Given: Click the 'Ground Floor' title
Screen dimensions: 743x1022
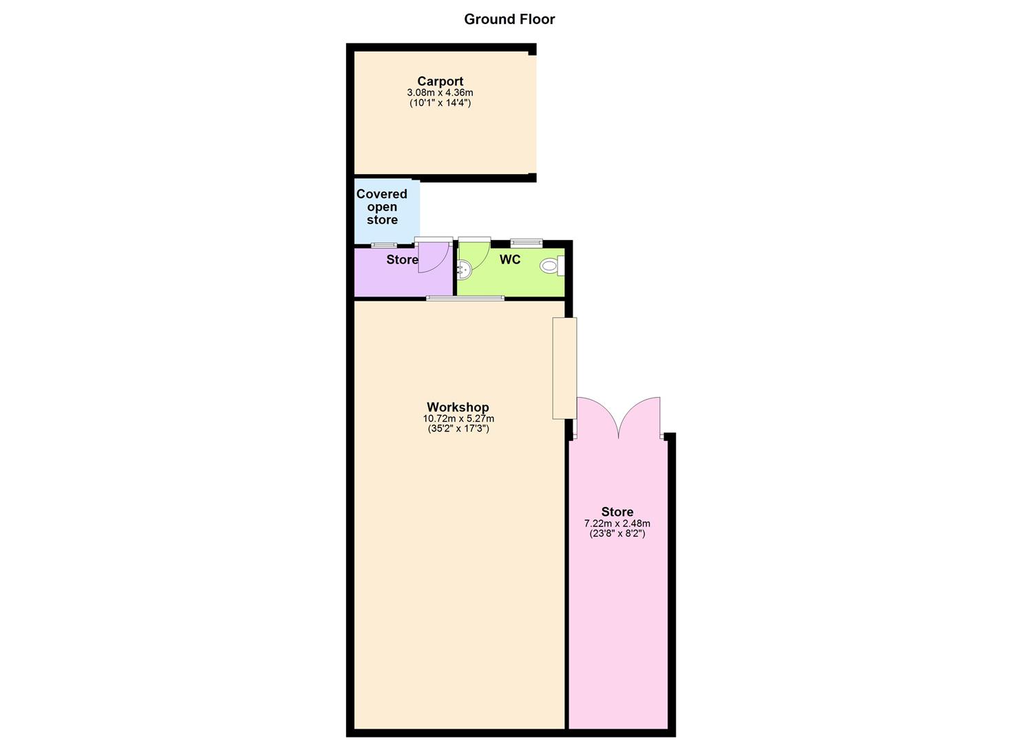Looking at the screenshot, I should pos(509,19).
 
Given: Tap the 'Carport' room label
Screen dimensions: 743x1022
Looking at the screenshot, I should pos(440,81).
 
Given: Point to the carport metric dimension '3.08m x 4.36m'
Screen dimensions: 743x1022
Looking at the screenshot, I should pos(440,93).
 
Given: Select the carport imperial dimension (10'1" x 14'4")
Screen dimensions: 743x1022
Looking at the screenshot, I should pos(440,103).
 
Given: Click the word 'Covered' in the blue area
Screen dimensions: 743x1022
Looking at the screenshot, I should pos(381,194).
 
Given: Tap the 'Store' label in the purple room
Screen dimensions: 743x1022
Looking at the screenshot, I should pos(402,259).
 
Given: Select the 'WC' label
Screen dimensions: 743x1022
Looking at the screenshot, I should pos(510,259).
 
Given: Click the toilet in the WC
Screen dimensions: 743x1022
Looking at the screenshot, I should pos(551,266).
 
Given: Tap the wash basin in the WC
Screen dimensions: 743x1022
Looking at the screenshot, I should pos(464,270).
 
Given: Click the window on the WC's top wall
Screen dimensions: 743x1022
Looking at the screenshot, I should pos(526,242).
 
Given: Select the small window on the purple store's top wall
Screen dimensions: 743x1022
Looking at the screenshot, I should pos(384,245).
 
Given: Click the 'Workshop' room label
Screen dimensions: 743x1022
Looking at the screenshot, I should pos(458,407).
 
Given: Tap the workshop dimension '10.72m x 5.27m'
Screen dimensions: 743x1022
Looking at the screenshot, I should pos(458,418).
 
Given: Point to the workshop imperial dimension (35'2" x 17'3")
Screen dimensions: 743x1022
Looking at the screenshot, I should pos(458,429).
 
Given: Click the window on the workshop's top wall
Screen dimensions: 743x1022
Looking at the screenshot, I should pos(465,298).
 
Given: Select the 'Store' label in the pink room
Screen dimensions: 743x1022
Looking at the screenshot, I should pos(617,512).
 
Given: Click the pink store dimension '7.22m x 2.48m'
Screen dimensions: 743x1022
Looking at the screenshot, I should pos(617,524).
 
